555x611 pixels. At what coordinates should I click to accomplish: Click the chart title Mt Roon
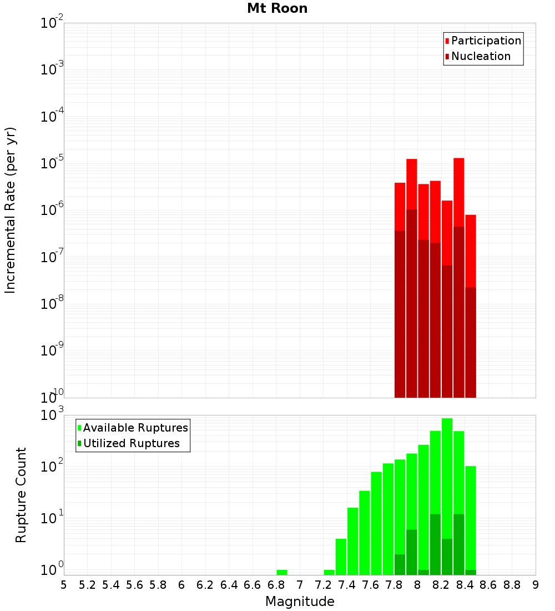click(x=277, y=8)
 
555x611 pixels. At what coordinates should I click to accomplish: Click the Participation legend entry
click(x=486, y=41)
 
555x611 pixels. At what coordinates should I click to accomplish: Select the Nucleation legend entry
click(x=481, y=56)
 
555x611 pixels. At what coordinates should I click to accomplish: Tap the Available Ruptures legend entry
click(x=135, y=428)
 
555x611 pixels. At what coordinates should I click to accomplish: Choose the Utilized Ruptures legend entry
click(x=131, y=443)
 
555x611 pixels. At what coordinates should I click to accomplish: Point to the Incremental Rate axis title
click(x=11, y=210)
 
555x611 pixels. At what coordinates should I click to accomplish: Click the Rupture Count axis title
click(x=21, y=494)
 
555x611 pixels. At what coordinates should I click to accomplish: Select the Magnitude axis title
click(x=300, y=602)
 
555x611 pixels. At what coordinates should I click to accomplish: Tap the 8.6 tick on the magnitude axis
click(x=488, y=585)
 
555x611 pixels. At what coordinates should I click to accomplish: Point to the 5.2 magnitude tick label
click(x=87, y=585)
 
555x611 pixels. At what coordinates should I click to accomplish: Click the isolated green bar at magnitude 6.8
click(x=282, y=572)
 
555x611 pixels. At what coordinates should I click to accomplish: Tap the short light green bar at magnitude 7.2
click(x=329, y=572)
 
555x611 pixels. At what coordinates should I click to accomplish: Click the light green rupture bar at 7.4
click(x=353, y=542)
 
